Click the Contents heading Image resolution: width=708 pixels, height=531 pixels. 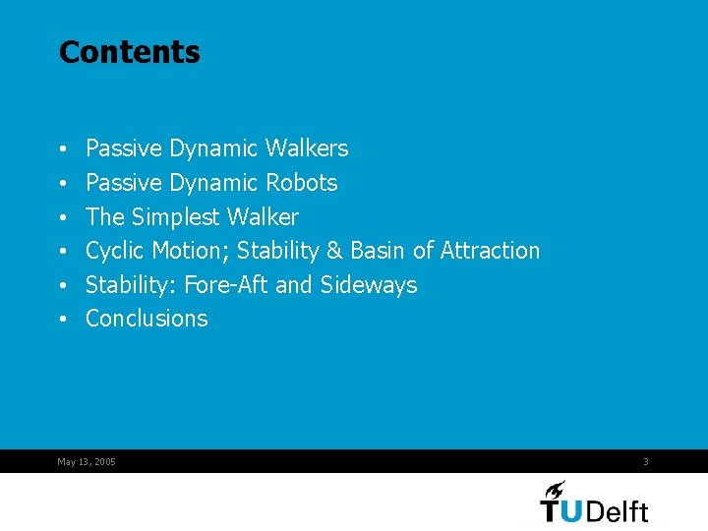(129, 52)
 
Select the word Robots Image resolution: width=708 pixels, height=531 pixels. (301, 183)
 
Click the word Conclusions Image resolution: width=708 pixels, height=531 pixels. (147, 319)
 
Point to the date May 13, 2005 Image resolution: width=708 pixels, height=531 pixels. (87, 461)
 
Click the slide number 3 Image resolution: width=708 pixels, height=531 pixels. (646, 461)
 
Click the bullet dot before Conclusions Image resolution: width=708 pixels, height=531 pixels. (64, 320)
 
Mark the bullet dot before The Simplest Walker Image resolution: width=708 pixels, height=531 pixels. (64, 217)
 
